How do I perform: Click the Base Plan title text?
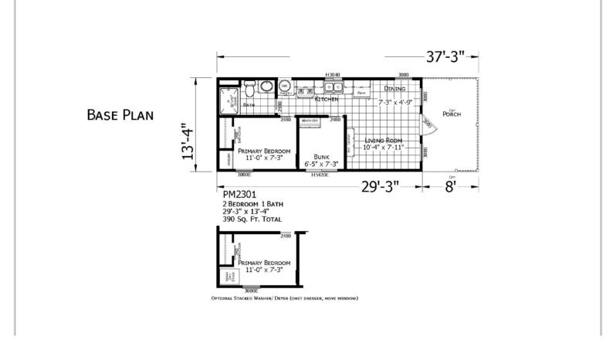(120, 115)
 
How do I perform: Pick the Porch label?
(452, 114)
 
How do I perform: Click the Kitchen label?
(327, 99)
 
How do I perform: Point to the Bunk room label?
(321, 155)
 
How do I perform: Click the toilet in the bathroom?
(265, 87)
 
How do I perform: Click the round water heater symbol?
(283, 87)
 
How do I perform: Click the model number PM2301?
(235, 195)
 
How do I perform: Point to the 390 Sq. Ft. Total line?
(252, 219)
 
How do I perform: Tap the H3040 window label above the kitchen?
(333, 75)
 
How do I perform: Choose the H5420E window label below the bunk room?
(320, 175)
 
